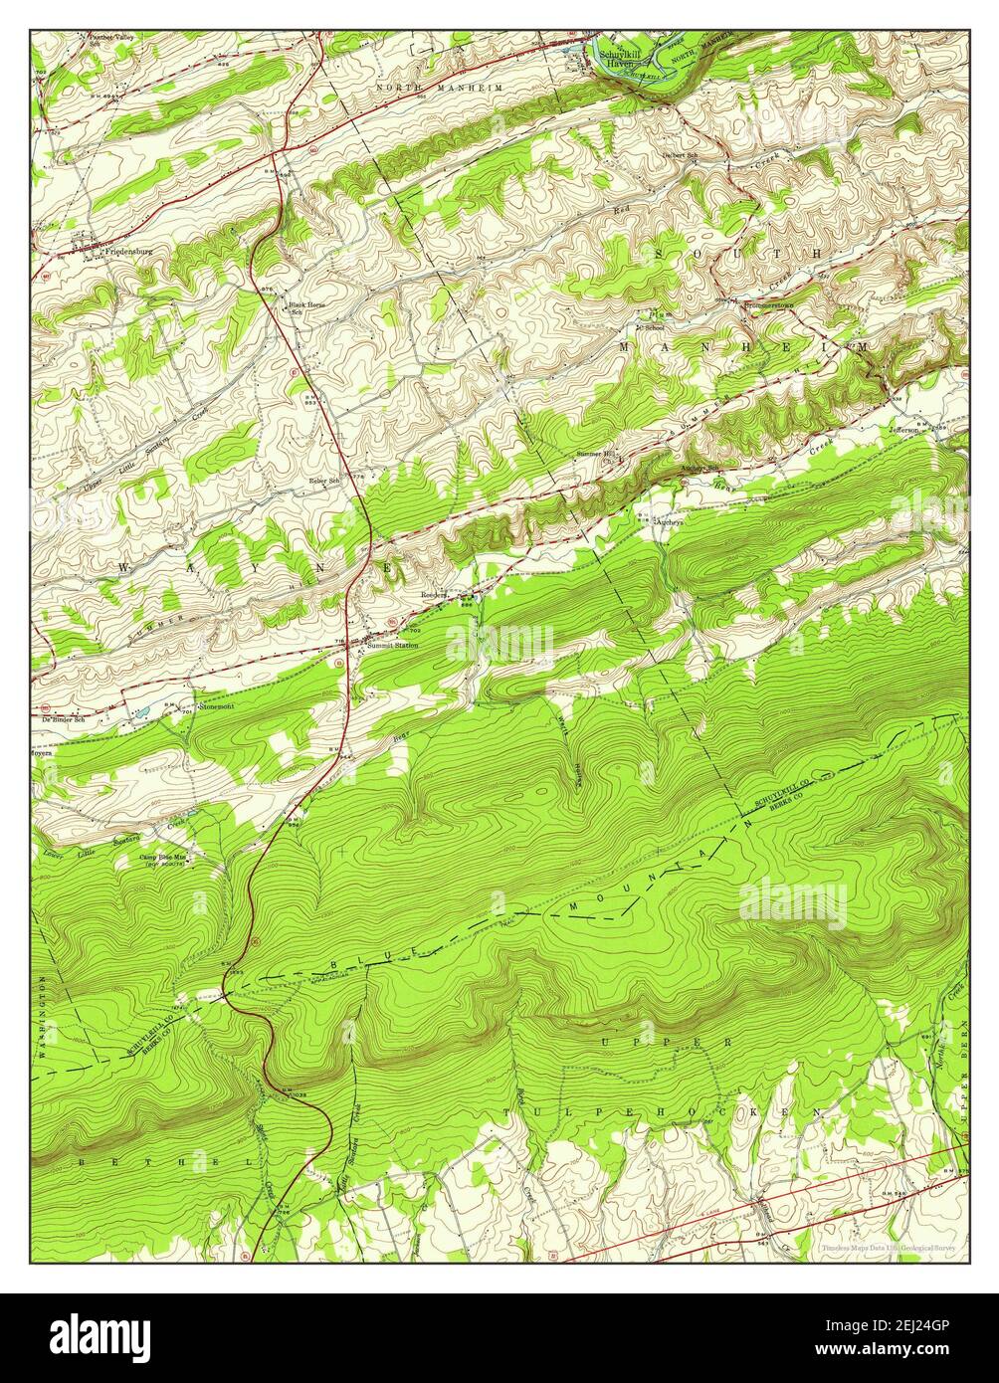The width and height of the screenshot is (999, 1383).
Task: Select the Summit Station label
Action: click(x=392, y=646)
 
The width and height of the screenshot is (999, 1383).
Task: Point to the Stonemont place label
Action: click(x=215, y=707)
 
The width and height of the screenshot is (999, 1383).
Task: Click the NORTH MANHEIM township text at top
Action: click(x=454, y=89)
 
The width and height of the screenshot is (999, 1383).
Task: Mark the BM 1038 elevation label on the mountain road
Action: click(x=293, y=1095)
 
